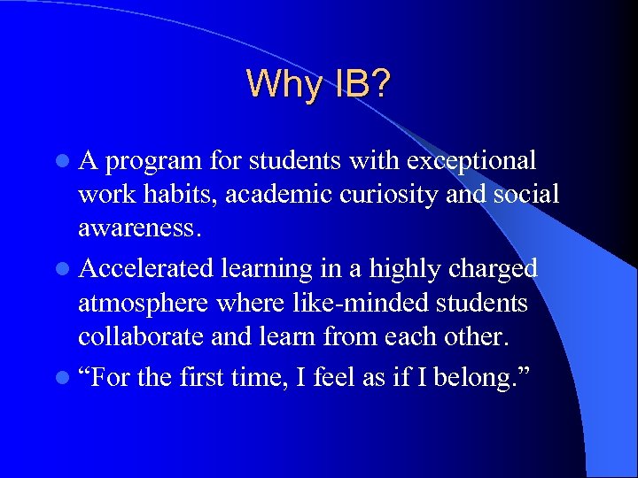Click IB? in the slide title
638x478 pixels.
point(361,83)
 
